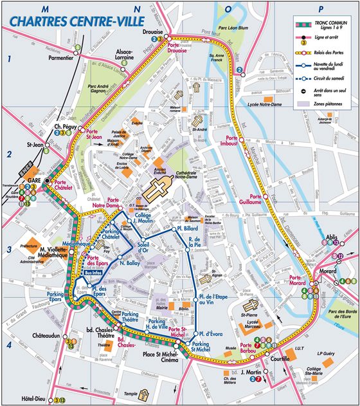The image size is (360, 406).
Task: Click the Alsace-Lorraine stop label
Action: (x=124, y=55)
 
